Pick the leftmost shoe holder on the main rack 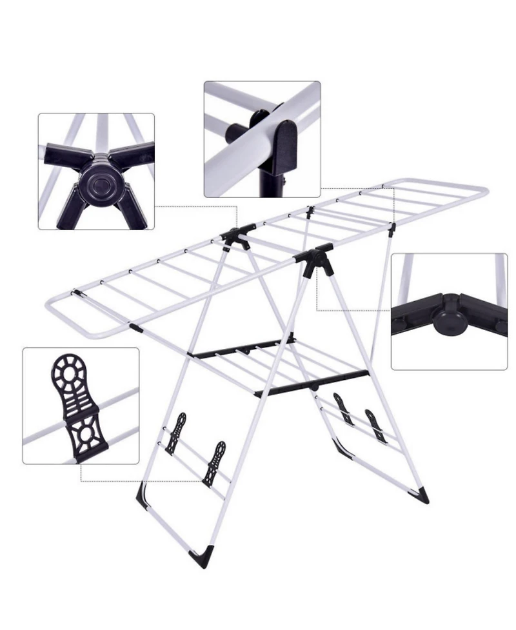175,433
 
